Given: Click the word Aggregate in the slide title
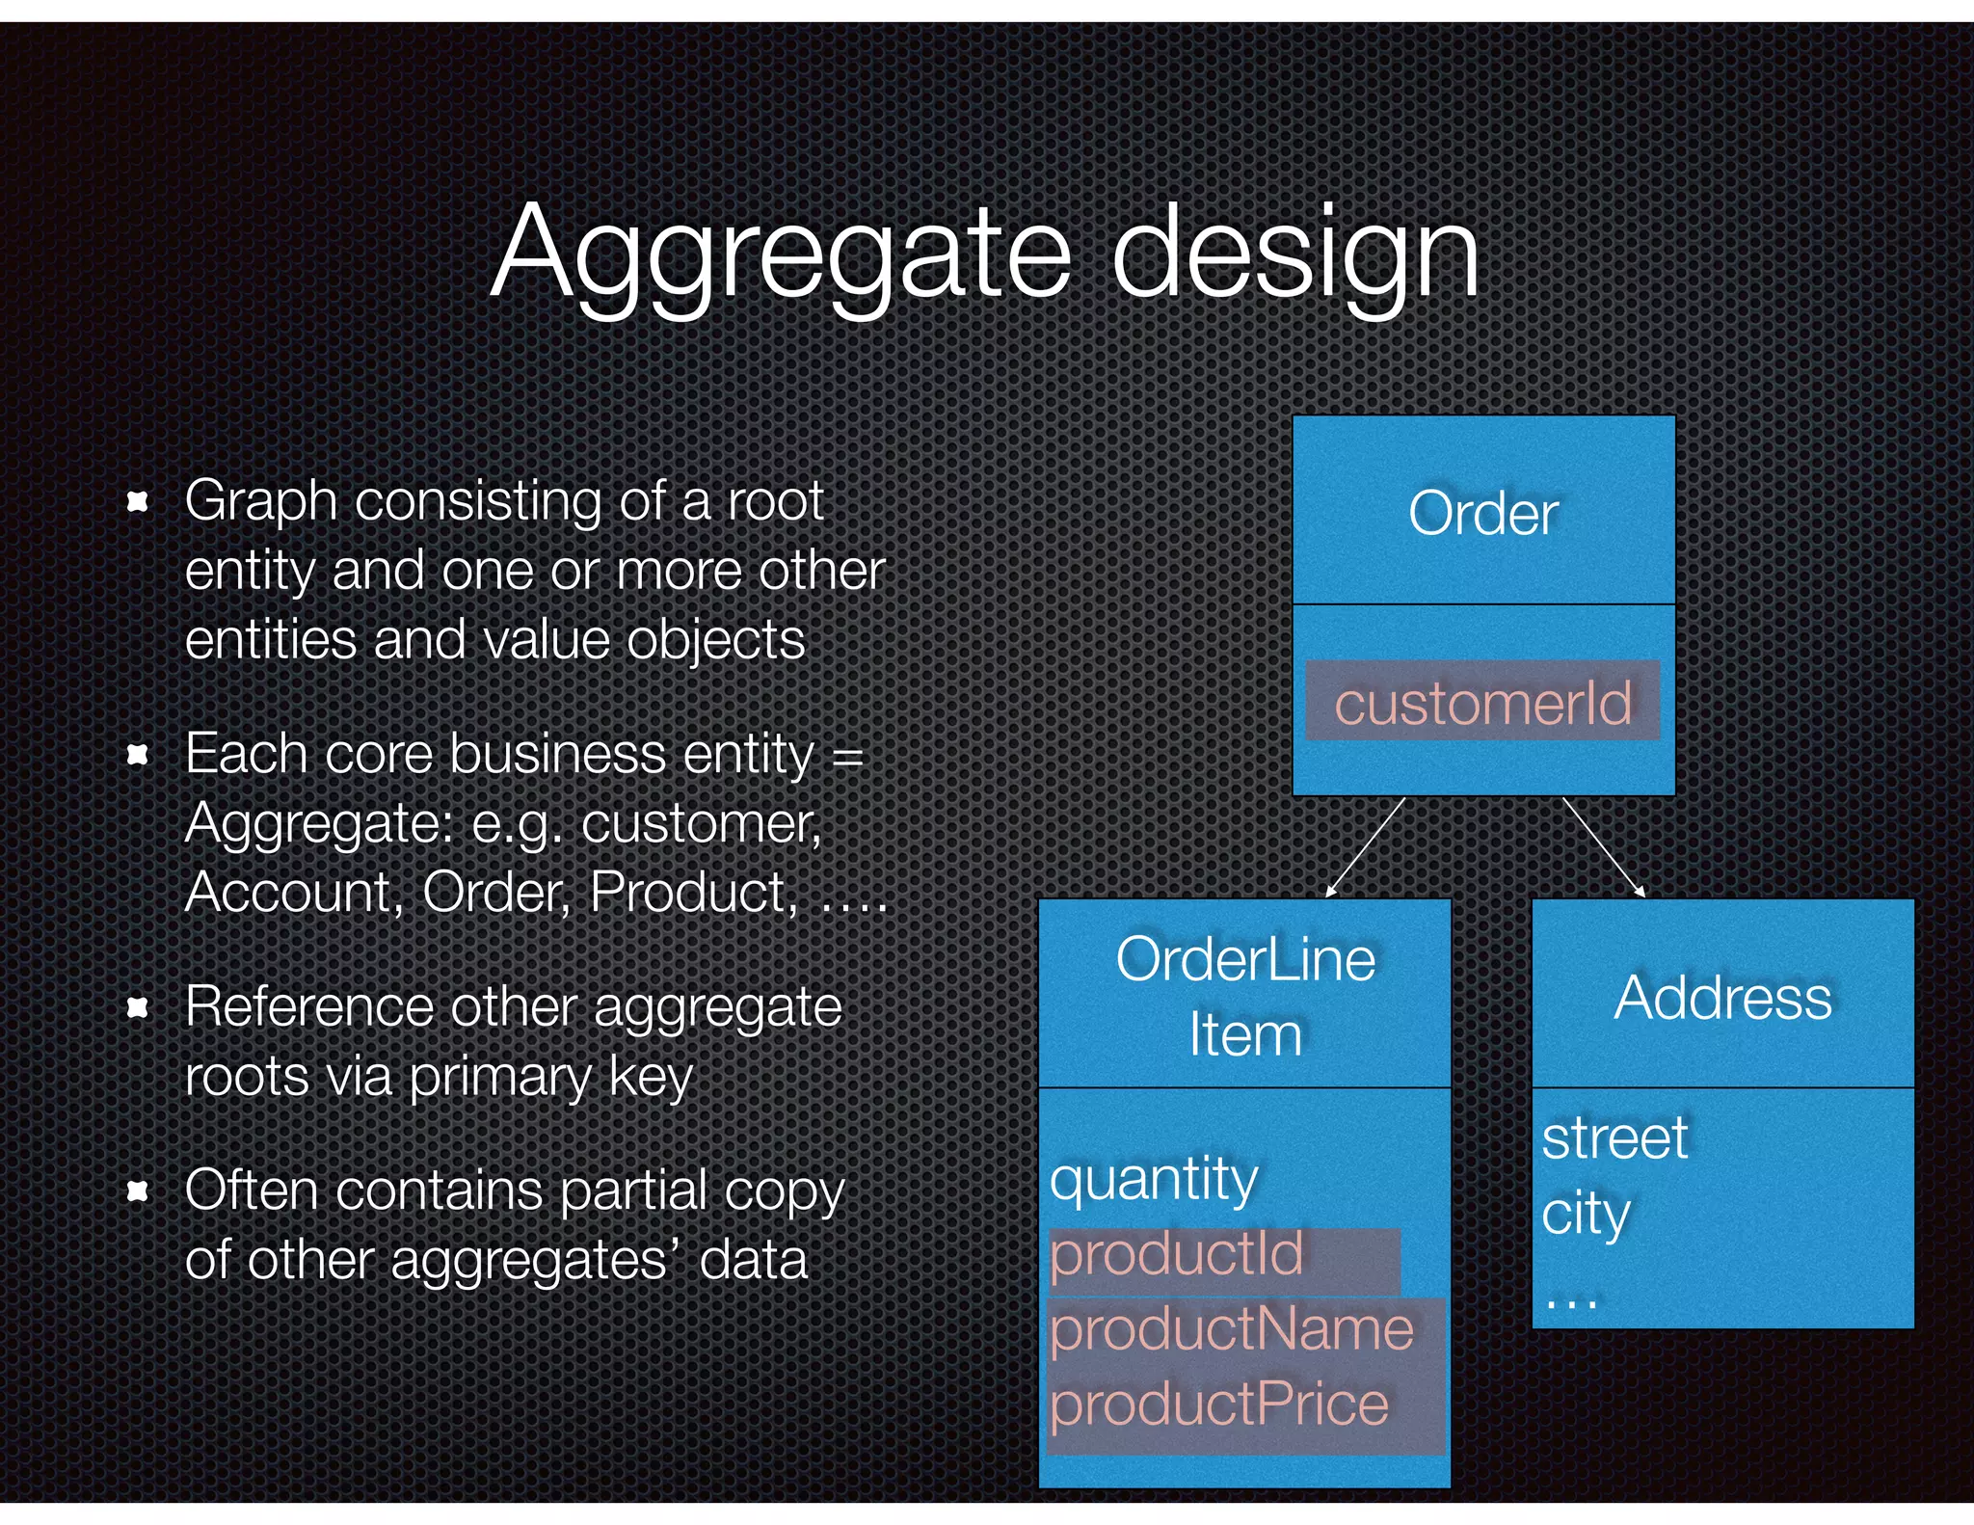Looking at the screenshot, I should point(781,253).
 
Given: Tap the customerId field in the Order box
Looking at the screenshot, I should point(1482,702).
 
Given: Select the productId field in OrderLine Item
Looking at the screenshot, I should point(1176,1254).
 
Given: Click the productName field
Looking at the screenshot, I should point(1231,1329).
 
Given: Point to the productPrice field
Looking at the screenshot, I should point(1219,1405).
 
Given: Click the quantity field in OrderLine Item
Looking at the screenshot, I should point(1154,1178).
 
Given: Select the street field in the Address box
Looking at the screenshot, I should point(1614,1138).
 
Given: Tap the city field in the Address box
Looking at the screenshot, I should point(1586,1213).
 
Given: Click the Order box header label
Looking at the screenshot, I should point(1482,513).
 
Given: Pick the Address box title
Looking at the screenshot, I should point(1722,997).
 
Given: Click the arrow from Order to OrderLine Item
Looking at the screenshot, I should point(1365,847).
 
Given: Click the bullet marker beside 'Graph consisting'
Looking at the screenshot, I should point(138,501).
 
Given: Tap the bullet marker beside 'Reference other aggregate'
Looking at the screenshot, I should point(138,1007).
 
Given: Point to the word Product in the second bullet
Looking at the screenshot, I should point(692,892).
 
